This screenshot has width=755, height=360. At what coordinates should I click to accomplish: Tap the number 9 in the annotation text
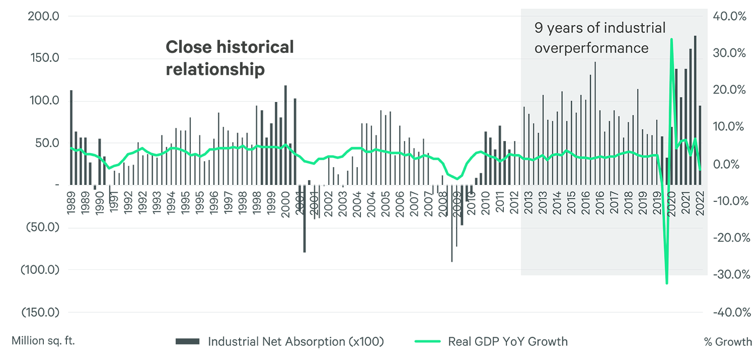coord(538,28)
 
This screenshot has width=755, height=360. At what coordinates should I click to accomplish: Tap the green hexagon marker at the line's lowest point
coord(667,286)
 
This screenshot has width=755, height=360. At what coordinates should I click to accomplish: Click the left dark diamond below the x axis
coord(304,244)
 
